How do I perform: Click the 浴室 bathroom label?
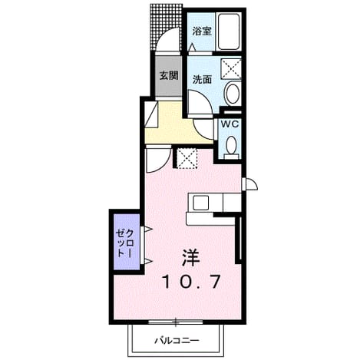(x=202, y=31)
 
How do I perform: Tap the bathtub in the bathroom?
(x=229, y=31)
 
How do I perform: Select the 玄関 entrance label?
(x=169, y=75)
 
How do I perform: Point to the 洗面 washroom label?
(x=202, y=80)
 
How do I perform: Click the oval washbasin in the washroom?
(x=233, y=93)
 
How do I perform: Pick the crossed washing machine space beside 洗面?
(x=231, y=68)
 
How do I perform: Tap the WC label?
(x=230, y=124)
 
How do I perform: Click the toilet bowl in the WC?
(x=232, y=147)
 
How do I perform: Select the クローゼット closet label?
(x=124, y=243)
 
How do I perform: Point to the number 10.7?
(x=191, y=282)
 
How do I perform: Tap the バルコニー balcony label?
(x=177, y=341)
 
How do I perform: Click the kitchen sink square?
(x=201, y=203)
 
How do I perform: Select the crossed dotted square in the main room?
(x=187, y=158)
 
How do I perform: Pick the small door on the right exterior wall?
(x=249, y=183)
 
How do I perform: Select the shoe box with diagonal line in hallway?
(x=151, y=114)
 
